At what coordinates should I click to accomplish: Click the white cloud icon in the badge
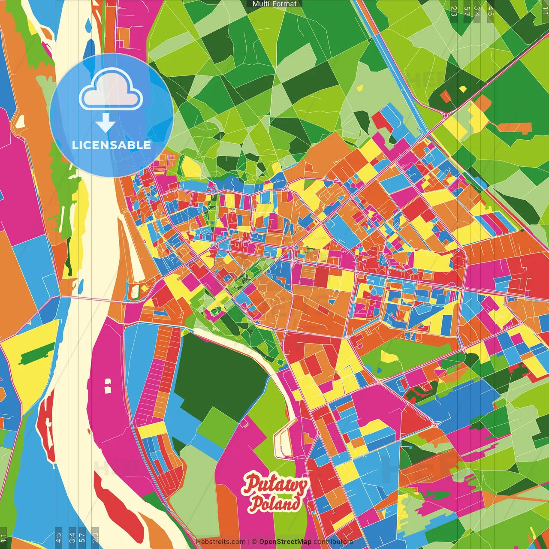pyautogui.click(x=111, y=90)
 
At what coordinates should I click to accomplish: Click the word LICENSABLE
pyautogui.click(x=111, y=145)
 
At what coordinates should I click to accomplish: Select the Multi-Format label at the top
pyautogui.click(x=274, y=4)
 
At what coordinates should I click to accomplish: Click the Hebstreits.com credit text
pyautogui.click(x=220, y=542)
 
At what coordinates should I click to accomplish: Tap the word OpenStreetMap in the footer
pyautogui.click(x=285, y=542)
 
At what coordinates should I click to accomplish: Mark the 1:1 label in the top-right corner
pyautogui.click(x=545, y=9)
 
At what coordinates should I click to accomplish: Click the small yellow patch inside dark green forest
pyautogui.click(x=462, y=89)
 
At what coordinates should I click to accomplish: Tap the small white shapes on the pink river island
pyautogui.click(x=107, y=386)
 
